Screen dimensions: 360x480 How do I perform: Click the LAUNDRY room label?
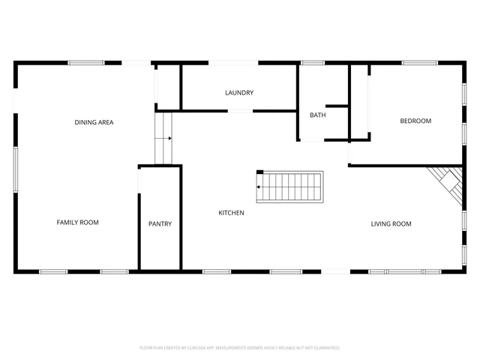coord(239,93)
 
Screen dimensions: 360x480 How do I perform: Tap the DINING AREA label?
coord(94,122)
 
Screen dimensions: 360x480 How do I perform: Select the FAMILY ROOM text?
coord(78,222)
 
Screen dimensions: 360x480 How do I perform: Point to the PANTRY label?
coord(160,223)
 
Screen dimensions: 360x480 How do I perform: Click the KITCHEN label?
coord(231,213)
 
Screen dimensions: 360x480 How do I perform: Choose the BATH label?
coord(317,115)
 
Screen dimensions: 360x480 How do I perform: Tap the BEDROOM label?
coord(415,121)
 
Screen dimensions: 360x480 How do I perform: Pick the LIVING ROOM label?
coord(391,223)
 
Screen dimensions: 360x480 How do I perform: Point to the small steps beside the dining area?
coord(163,138)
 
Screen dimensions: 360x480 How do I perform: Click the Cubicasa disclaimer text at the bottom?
coord(240,348)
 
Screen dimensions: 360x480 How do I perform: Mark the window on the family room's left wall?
coord(16,169)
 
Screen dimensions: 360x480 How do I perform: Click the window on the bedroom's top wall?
coord(419,63)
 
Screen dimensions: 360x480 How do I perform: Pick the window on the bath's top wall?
coord(313,63)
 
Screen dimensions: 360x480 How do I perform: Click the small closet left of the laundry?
coord(168,87)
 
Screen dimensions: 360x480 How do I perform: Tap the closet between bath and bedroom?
coord(360,101)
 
